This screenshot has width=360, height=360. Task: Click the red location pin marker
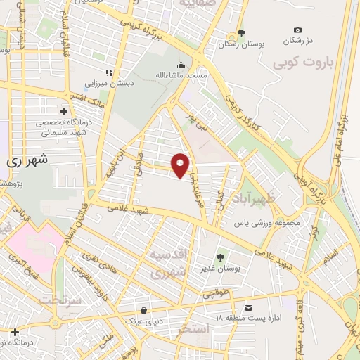pyautogui.click(x=181, y=165)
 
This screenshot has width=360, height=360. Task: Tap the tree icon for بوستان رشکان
pyautogui.click(x=242, y=32)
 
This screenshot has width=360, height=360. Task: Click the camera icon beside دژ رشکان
pyautogui.click(x=297, y=30)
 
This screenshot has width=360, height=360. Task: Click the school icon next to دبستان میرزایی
pyautogui.click(x=109, y=72)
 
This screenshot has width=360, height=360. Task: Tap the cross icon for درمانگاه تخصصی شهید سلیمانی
pyautogui.click(x=64, y=111)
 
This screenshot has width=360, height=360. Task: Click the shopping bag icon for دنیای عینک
pyautogui.click(x=143, y=309)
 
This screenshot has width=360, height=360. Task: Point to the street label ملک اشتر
pyautogui.click(x=86, y=94)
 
